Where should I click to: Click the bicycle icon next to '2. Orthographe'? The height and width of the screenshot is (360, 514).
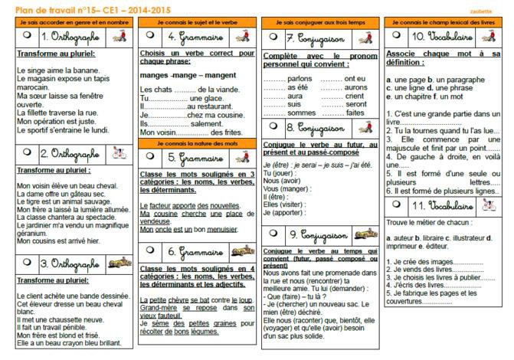[x=117, y=152]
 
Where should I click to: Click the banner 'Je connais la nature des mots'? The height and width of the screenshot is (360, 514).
[x=197, y=143]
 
